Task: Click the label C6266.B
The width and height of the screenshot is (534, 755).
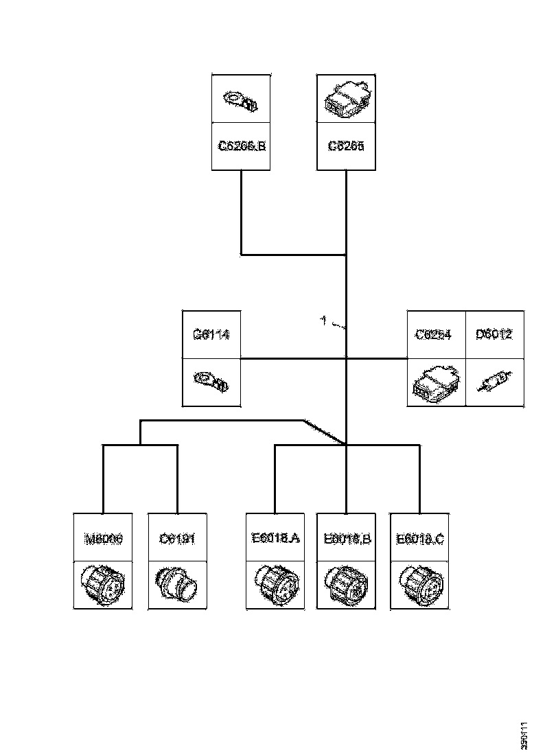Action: (241, 146)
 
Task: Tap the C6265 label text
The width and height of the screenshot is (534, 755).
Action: (346, 146)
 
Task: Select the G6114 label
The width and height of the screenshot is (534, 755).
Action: (211, 336)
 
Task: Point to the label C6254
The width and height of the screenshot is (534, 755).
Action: (437, 336)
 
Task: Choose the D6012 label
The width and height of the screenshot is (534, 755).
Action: (494, 336)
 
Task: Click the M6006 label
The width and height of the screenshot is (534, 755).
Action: (103, 539)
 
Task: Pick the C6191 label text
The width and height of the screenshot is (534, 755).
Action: (177, 539)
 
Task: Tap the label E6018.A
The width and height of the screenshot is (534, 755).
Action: (275, 539)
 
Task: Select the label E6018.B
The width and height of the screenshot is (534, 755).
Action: (347, 539)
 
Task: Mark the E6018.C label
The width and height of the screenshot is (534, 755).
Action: (419, 539)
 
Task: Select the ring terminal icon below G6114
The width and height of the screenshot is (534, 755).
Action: (211, 382)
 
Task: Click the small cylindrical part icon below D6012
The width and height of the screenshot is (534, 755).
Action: (494, 382)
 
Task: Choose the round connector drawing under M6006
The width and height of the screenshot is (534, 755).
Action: (103, 585)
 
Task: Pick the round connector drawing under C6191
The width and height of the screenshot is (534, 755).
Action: (177, 585)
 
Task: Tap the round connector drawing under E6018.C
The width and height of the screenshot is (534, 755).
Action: (419, 585)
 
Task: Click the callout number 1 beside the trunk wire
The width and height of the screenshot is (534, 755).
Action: (324, 319)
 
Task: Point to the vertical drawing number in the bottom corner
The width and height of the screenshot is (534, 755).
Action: (525, 735)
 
